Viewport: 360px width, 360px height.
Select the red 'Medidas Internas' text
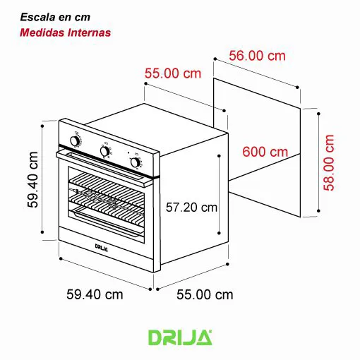point(65,32)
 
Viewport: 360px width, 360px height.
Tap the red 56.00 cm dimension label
point(258,55)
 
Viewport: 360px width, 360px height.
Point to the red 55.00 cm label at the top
point(173,73)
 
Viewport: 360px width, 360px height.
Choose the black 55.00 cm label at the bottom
point(204,294)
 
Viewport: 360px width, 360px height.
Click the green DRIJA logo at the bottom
point(179,337)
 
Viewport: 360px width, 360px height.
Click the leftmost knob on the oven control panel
point(75,141)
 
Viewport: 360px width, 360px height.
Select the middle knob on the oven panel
point(105,151)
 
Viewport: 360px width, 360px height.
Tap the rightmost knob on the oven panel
point(135,162)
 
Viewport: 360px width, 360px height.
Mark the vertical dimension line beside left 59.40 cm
point(44,181)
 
